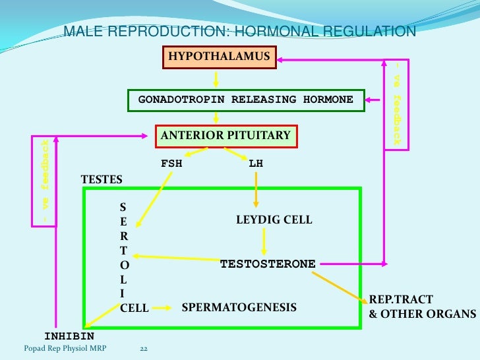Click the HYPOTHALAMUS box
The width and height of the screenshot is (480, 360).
220,57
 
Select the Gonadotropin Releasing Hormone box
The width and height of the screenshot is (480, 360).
246,100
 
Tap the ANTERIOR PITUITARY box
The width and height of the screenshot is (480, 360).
225,136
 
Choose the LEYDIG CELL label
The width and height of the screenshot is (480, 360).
274,219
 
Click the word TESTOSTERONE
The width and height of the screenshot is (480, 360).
268,264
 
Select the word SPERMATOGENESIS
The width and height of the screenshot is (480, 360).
239,307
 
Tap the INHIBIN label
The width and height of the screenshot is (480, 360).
69,336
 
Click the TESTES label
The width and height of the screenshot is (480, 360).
102,179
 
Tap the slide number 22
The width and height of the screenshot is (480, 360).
144,349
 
